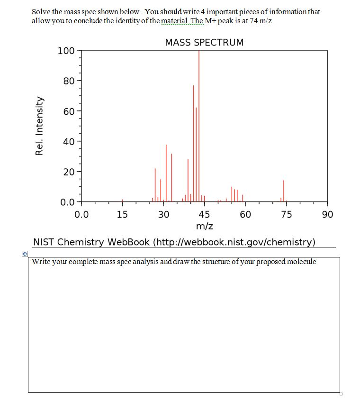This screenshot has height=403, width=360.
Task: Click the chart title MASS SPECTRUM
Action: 204,42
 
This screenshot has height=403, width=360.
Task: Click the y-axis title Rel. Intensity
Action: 39,126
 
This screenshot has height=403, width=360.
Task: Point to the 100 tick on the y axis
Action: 65,51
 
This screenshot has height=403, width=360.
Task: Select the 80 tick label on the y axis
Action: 68,81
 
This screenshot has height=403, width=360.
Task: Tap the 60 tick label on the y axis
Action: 68,111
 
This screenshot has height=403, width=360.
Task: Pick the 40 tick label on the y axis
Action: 68,141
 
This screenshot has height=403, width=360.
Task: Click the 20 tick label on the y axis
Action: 68,172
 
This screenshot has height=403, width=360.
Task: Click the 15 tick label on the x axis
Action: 122,214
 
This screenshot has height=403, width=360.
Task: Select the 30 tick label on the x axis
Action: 163,214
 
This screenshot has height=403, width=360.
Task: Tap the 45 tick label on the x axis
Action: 204,214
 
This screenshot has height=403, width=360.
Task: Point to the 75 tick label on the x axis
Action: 286,214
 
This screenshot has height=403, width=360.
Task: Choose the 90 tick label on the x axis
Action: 327,214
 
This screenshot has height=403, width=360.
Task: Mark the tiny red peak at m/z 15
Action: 122,200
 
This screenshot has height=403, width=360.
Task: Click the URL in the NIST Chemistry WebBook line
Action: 234,242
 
